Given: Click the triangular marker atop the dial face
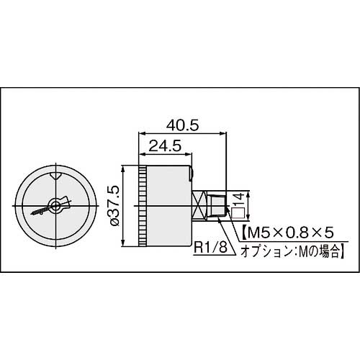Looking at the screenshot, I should [x=55, y=175].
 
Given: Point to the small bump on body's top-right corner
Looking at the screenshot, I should [x=192, y=172].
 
